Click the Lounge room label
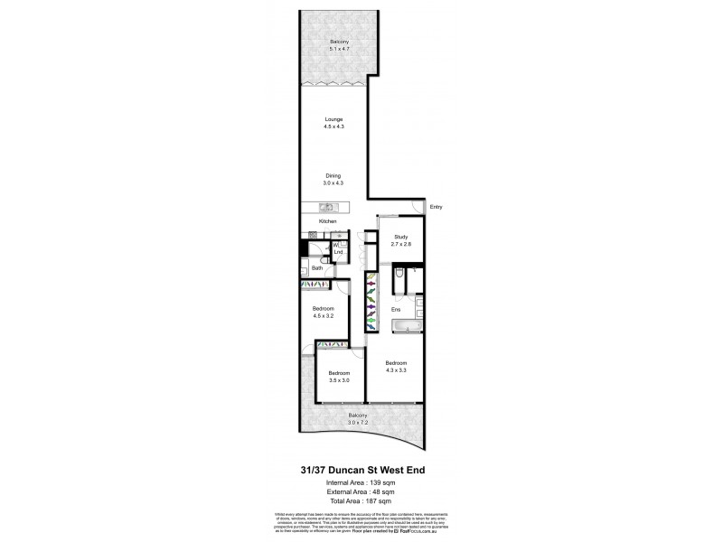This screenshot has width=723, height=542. pyautogui.click(x=334, y=123)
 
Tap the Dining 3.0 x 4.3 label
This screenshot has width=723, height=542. pyautogui.click(x=334, y=179)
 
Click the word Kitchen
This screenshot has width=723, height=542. pyautogui.click(x=327, y=221)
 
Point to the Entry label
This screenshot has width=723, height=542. pyautogui.click(x=437, y=207)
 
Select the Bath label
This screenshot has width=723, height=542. pyautogui.click(x=317, y=268)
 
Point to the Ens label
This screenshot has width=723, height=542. pyautogui.click(x=395, y=310)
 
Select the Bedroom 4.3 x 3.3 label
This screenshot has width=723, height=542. pyautogui.click(x=397, y=366)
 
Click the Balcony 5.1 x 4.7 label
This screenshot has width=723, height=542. pyautogui.click(x=335, y=45)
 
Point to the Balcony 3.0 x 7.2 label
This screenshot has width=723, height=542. pyautogui.click(x=359, y=419)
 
